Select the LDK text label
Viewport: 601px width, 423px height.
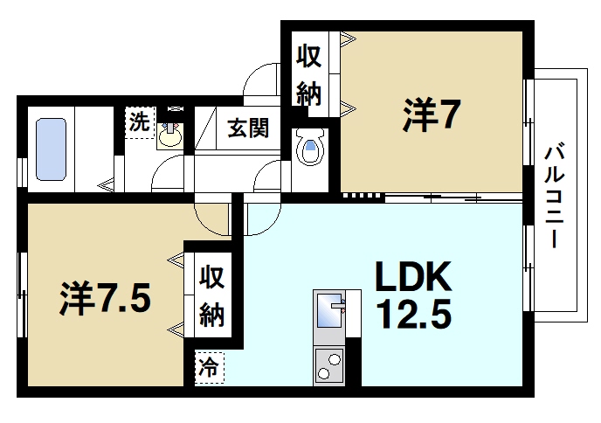[x=413, y=278]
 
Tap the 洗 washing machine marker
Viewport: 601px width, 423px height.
[x=138, y=121]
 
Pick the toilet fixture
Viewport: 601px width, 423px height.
[x=310, y=149]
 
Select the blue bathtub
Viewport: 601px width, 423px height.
[x=59, y=149]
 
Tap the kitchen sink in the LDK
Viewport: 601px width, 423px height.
[x=329, y=309]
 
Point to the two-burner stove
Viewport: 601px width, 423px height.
[x=329, y=365]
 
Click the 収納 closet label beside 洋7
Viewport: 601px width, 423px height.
[x=309, y=73]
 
